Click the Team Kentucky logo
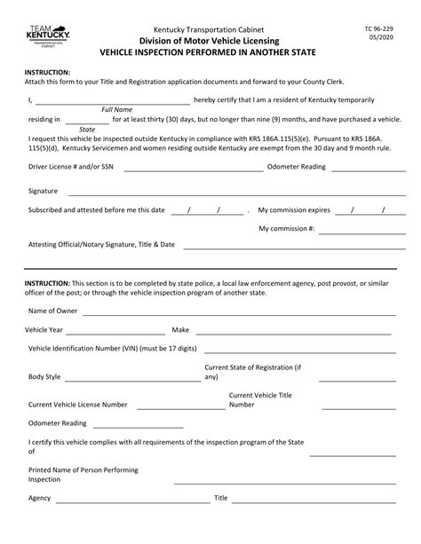[x=42, y=31]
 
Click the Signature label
[x=43, y=191]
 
